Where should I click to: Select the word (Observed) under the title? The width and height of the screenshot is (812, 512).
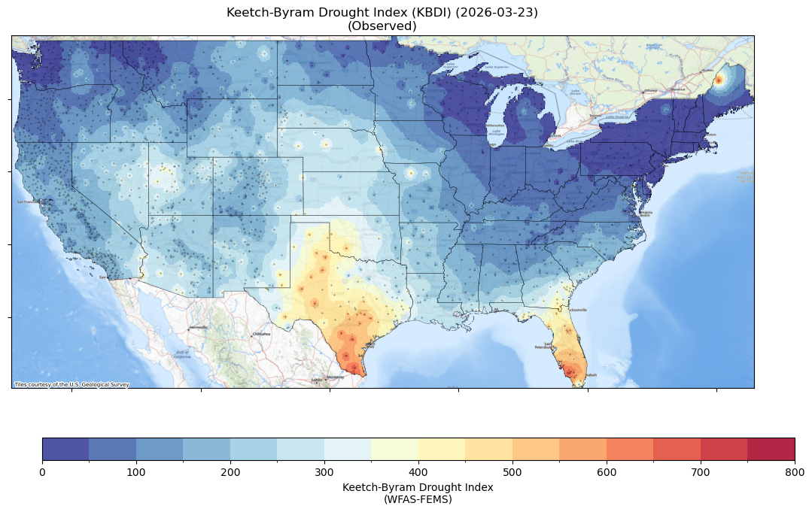tap(382, 26)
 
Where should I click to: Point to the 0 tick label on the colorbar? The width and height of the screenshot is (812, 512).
tap(42, 471)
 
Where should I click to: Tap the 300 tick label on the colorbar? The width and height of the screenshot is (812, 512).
tap(324, 471)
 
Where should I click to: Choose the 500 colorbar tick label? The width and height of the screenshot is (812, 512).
tap(512, 471)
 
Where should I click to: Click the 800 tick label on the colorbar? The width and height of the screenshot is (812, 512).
tap(795, 471)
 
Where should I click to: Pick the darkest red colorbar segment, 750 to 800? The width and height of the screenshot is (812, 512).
tap(771, 449)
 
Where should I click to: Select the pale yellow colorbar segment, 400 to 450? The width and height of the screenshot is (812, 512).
tap(442, 449)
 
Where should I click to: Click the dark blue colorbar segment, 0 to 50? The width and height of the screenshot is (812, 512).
tap(65, 449)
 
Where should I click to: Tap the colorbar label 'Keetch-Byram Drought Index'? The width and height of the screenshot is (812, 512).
tap(418, 487)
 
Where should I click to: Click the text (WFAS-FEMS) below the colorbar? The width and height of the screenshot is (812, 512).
tap(418, 498)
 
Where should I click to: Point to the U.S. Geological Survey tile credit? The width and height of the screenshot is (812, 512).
tap(71, 384)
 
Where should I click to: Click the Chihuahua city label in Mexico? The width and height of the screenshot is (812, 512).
tap(261, 334)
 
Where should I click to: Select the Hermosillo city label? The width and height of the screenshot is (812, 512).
tap(198, 328)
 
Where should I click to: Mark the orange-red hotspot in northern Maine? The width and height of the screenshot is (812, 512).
tap(719, 80)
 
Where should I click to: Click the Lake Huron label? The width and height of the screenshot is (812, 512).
tap(556, 108)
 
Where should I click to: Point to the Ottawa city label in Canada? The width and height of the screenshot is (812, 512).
tap(649, 91)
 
